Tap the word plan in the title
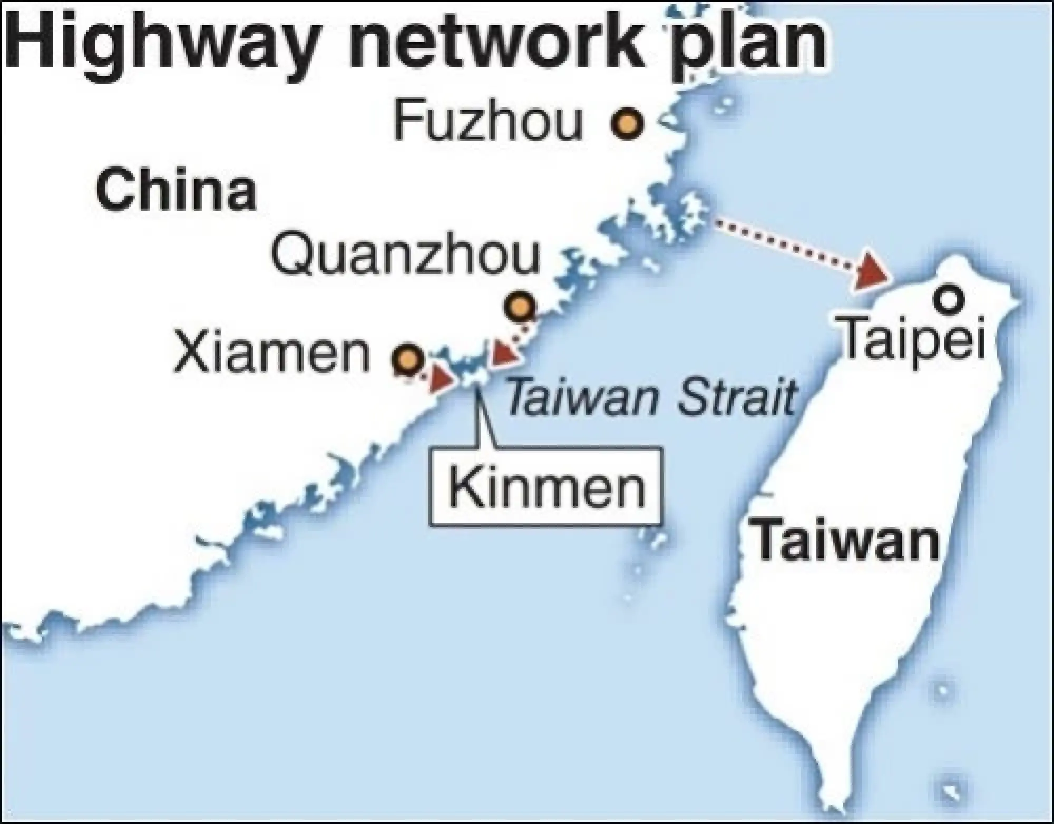pyautogui.click(x=748, y=45)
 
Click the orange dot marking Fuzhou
pyautogui.click(x=627, y=124)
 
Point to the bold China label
pyautogui.click(x=176, y=189)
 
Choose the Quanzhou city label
pyautogui.click(x=406, y=256)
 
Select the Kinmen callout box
pyautogui.click(x=545, y=486)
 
